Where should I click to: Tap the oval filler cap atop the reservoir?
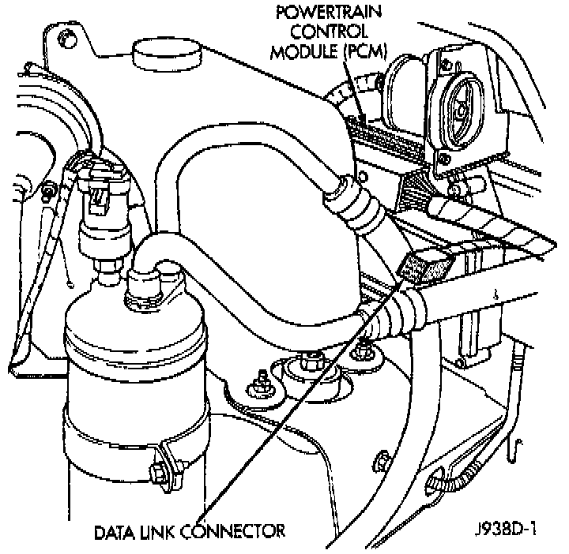tap(166, 54)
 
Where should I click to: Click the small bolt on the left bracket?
tap(50, 189)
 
